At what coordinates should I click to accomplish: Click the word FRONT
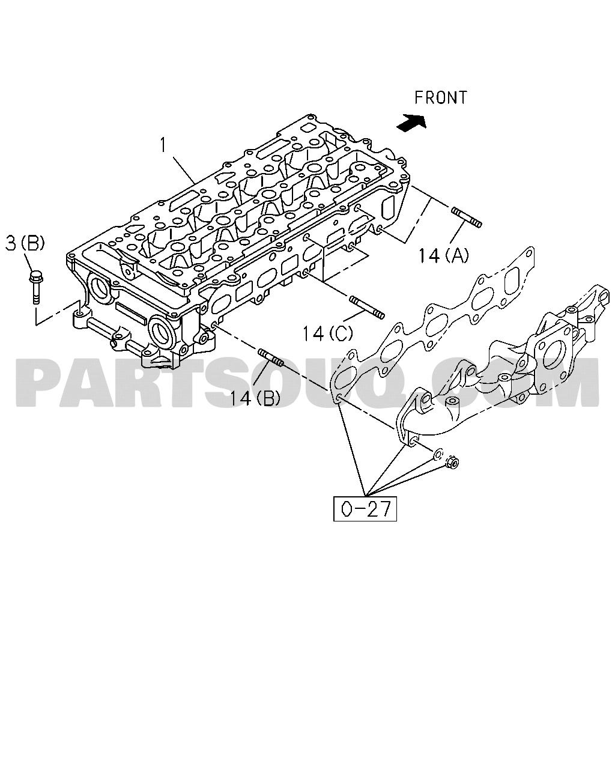(x=441, y=97)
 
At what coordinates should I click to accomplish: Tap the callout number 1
(x=163, y=145)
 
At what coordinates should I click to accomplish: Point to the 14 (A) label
(x=443, y=256)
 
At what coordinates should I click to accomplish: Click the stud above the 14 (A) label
(x=467, y=217)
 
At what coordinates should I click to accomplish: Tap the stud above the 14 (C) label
(x=367, y=307)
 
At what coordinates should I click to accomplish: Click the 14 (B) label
(x=255, y=398)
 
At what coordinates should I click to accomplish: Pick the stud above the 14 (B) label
(x=270, y=357)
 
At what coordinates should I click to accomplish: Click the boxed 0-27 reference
(x=365, y=509)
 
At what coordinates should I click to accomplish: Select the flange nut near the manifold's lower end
(x=452, y=463)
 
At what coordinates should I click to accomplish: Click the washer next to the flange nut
(x=438, y=455)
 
